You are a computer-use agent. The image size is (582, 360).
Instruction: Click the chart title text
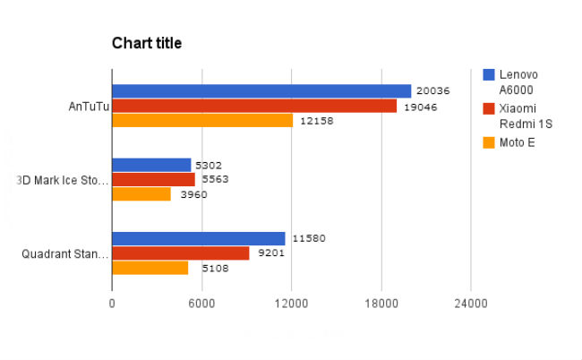pyautogui.click(x=147, y=43)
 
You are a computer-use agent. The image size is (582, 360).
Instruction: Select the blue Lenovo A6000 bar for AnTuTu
pyautogui.click(x=261, y=91)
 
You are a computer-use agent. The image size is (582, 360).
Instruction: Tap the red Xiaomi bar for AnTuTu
pyautogui.click(x=254, y=106)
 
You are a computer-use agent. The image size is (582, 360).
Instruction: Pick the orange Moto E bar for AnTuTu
pyautogui.click(x=202, y=120)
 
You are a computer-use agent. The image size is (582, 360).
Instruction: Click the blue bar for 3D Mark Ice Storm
pyautogui.click(x=151, y=165)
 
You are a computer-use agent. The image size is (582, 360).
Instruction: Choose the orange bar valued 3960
pyautogui.click(x=141, y=193)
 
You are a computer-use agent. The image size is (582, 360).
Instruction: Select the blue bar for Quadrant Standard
pyautogui.click(x=199, y=238)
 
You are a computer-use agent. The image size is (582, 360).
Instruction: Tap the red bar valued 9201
pyautogui.click(x=181, y=253)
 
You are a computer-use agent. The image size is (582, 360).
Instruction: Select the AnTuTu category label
pyautogui.click(x=89, y=106)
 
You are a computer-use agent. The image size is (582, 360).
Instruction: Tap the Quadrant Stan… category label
pyautogui.click(x=65, y=253)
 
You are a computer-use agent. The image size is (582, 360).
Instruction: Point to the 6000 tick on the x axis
pyautogui.click(x=201, y=304)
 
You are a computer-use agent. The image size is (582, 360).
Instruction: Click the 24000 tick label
pyautogui.click(x=471, y=304)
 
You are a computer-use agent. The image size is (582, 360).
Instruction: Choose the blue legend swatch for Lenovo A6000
pyautogui.click(x=489, y=74)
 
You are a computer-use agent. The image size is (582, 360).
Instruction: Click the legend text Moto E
pyautogui.click(x=518, y=142)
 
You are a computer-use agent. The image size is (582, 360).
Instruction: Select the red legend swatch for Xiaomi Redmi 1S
pyautogui.click(x=489, y=108)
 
